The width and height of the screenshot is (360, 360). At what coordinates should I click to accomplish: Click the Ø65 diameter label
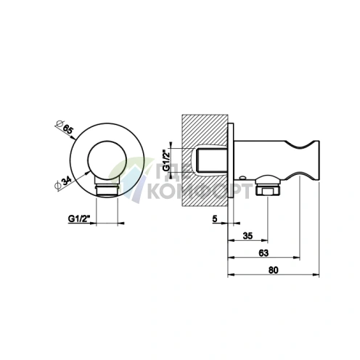(x=64, y=127)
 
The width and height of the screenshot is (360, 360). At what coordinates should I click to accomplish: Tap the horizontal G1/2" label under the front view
(x=79, y=218)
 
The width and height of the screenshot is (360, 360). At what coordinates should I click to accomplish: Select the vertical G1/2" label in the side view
(x=166, y=160)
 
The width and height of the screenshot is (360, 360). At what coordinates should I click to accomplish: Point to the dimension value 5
(x=215, y=218)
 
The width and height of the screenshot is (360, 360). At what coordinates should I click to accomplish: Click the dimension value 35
(x=247, y=236)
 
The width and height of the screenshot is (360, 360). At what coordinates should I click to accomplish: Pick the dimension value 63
(x=263, y=253)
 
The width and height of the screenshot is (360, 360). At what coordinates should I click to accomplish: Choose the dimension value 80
(x=274, y=270)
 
